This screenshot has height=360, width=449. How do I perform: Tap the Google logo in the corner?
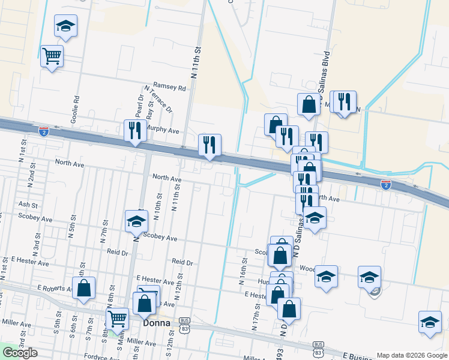(20, 353)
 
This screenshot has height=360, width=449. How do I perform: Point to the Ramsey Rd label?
(170, 88)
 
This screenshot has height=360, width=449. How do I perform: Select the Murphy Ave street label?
(163, 130)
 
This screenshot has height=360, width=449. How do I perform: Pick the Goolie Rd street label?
(76, 107)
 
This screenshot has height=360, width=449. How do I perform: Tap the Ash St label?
(28, 205)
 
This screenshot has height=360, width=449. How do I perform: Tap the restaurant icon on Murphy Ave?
(134, 130)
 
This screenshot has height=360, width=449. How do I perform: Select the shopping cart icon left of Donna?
(118, 319)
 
